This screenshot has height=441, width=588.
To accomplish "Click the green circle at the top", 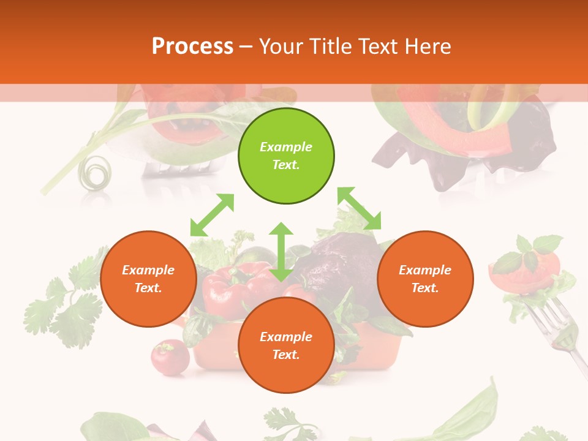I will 286,156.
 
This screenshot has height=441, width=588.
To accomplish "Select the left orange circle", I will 148,279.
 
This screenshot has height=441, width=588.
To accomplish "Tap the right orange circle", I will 425,279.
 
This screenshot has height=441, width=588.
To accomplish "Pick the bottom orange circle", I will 286,345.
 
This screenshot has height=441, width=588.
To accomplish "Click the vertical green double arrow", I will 281,252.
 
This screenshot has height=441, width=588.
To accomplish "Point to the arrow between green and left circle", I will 212,215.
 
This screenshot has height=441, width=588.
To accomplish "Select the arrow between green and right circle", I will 360,208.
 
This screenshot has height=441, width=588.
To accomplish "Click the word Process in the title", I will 192,46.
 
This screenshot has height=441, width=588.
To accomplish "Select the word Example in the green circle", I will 286,147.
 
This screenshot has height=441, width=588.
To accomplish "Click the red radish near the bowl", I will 169,356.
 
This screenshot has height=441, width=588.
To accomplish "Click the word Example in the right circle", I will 425,270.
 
